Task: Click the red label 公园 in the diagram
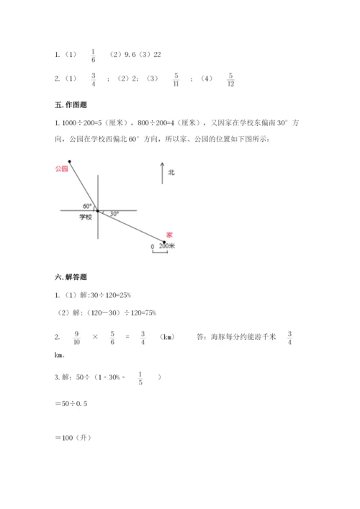click(x=60, y=168)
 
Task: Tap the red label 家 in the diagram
click(x=169, y=235)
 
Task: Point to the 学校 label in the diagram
click(x=86, y=217)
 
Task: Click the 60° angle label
click(x=87, y=206)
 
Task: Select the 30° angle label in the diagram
click(x=113, y=213)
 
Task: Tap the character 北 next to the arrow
click(x=171, y=173)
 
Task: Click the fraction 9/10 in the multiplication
click(x=77, y=337)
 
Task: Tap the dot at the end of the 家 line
click(x=164, y=242)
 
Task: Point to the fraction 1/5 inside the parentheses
click(x=140, y=378)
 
